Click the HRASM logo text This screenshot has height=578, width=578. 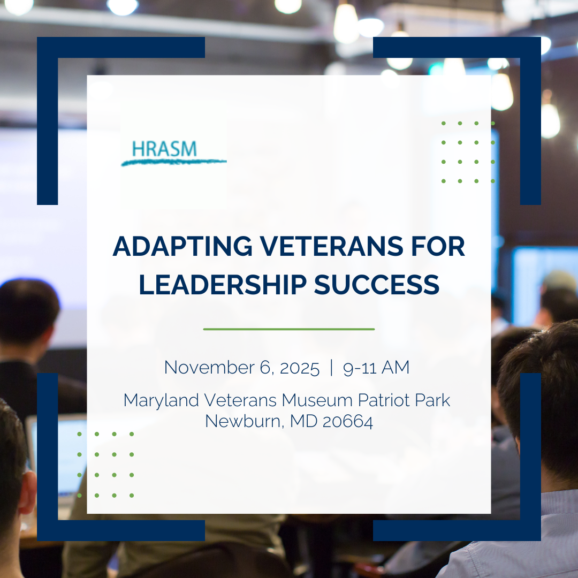[164, 149]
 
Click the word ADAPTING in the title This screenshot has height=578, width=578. [182, 246]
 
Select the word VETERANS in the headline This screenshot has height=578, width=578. [332, 246]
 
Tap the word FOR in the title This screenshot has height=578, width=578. [438, 246]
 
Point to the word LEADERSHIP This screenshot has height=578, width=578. [223, 284]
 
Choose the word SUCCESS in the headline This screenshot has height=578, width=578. [377, 284]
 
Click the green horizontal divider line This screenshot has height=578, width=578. [289, 329]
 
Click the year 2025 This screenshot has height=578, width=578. [300, 368]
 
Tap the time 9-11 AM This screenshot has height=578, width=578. [376, 368]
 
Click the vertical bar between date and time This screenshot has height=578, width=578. [331, 368]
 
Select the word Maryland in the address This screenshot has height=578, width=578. [161, 401]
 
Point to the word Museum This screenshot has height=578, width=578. [317, 400]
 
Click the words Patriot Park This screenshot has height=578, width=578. [404, 400]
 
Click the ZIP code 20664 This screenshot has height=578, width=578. [348, 422]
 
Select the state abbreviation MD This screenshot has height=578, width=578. [304, 421]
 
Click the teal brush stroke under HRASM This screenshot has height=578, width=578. [173, 162]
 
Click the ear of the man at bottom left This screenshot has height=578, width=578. [28, 492]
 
